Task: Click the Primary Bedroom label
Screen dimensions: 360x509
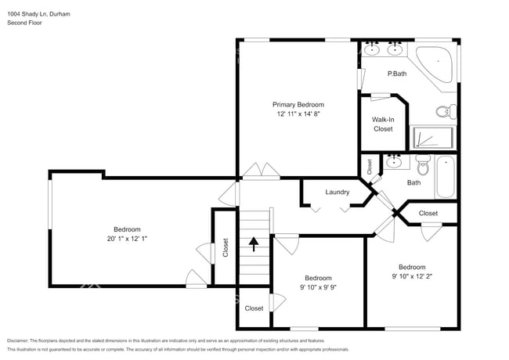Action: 298,104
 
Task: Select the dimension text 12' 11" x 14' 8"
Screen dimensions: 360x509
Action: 298,114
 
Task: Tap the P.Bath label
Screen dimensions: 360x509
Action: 397,74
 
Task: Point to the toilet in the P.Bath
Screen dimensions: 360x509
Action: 446,112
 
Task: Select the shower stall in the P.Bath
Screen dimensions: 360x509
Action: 433,139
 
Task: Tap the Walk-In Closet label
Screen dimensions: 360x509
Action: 383,124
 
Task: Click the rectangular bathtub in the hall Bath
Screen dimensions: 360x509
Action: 446,178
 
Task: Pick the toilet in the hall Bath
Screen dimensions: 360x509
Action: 424,164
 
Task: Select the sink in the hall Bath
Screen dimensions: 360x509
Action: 395,162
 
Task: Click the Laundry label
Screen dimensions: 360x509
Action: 337,192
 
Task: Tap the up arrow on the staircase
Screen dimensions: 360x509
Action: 253,244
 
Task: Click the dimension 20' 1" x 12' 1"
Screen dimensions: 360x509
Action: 127,239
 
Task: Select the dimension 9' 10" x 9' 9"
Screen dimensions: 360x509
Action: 318,287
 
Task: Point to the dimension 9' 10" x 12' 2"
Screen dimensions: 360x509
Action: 411,276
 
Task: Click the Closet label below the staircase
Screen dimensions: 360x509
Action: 254,308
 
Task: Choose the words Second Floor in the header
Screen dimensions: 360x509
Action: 24,23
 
